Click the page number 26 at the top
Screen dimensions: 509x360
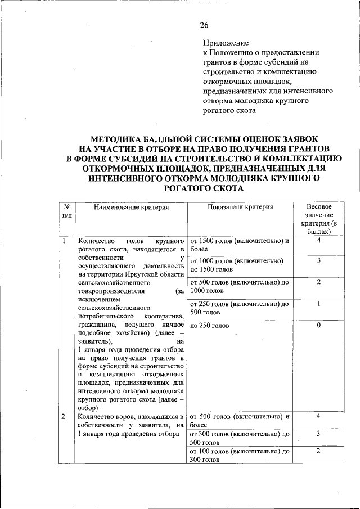[x=204, y=25]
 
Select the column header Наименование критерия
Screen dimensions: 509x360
[x=131, y=207]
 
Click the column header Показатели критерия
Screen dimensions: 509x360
[x=240, y=207]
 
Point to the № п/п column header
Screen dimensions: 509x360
[x=67, y=211]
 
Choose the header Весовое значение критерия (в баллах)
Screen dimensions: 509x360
[x=318, y=219]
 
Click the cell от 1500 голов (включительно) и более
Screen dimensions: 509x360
[x=240, y=245]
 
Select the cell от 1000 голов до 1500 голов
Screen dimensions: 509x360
[x=240, y=265]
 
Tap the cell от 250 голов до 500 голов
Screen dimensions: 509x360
[x=240, y=308]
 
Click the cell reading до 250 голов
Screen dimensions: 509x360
[x=210, y=326]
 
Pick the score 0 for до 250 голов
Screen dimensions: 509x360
[x=318, y=326]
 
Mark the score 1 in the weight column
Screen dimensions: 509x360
[x=318, y=304]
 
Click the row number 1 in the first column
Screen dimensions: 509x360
[x=65, y=241]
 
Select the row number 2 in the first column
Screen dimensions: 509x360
[x=65, y=417]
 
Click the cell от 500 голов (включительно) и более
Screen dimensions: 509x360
[x=240, y=421]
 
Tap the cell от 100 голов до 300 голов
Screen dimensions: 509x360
[x=240, y=456]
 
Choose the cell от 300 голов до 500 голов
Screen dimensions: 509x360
[x=240, y=438]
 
